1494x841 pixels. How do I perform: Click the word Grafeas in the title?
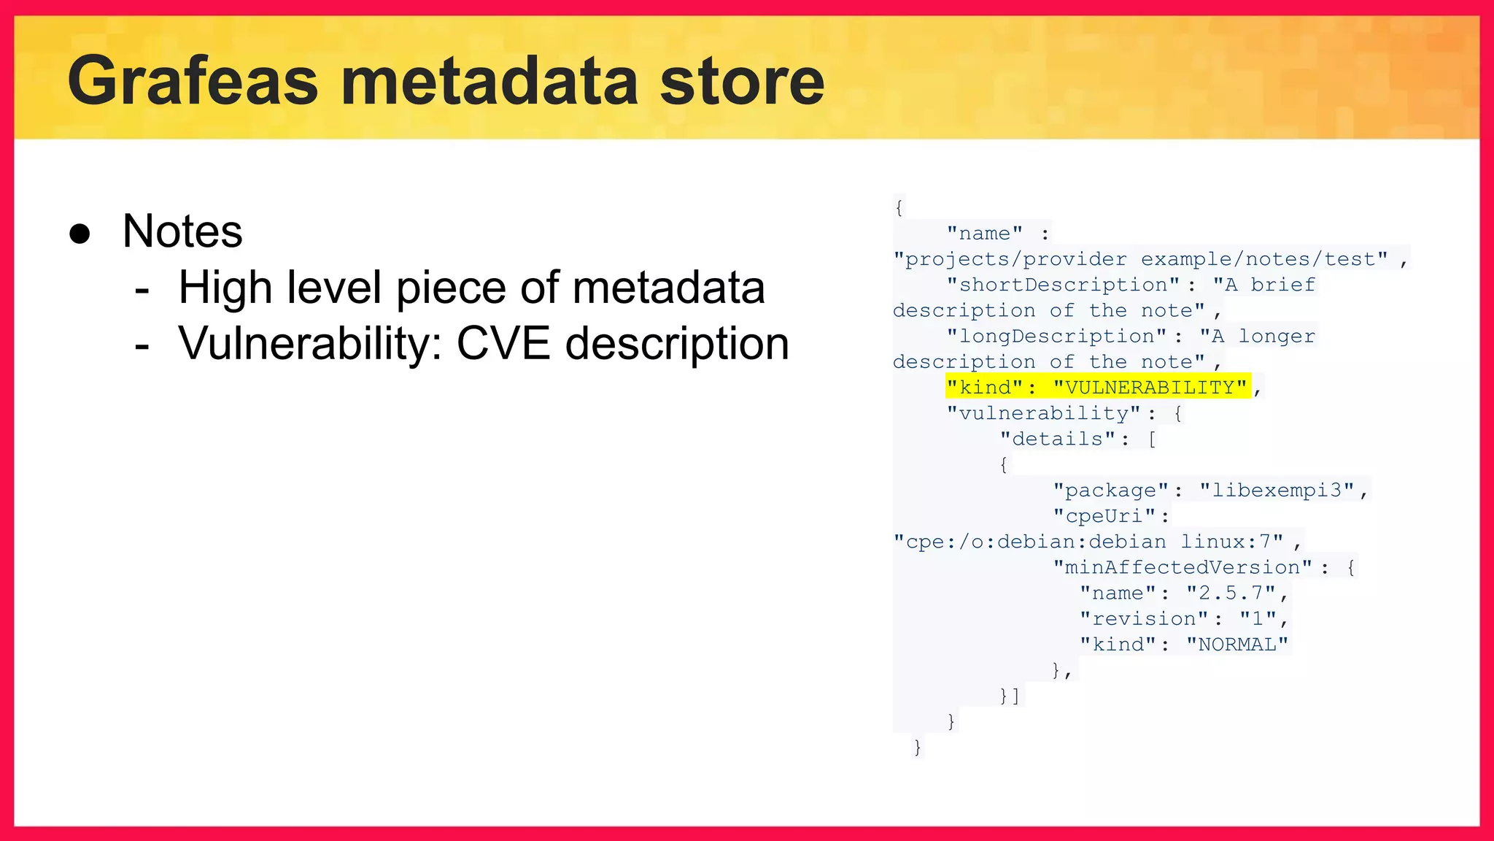pyautogui.click(x=193, y=82)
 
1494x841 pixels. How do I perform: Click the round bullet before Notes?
pyautogui.click(x=80, y=234)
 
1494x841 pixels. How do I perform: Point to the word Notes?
pyautogui.click(x=182, y=231)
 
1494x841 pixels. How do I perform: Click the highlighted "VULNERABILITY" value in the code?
pyautogui.click(x=1150, y=387)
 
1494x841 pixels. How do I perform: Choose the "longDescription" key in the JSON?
pyautogui.click(x=1056, y=336)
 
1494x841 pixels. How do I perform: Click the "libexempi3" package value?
pyautogui.click(x=1277, y=490)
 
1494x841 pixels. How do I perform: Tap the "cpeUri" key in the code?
pyautogui.click(x=1104, y=515)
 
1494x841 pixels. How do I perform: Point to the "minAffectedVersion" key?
pyautogui.click(x=1183, y=567)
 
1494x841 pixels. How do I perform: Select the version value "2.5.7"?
pyautogui.click(x=1230, y=593)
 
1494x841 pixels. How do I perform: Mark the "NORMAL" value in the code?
pyautogui.click(x=1237, y=644)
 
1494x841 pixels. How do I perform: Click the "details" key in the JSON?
pyautogui.click(x=1058, y=439)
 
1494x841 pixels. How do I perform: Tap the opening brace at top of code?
pyautogui.click(x=899, y=207)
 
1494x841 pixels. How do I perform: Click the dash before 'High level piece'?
pyautogui.click(x=142, y=289)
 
